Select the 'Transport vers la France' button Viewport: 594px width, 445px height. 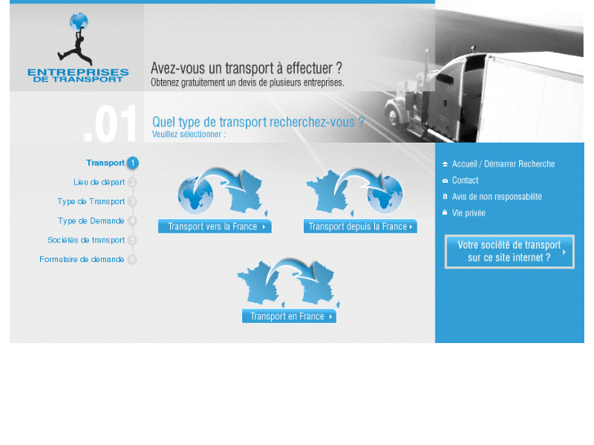(x=215, y=227)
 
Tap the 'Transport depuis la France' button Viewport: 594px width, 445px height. (x=360, y=227)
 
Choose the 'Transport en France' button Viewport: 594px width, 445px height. (x=288, y=317)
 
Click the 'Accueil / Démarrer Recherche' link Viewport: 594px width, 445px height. (x=502, y=164)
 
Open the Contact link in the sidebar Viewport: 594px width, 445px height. (x=465, y=180)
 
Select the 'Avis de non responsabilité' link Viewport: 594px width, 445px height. (x=496, y=197)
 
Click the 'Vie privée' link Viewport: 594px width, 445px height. (x=468, y=213)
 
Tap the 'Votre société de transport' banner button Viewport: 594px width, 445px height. (x=509, y=251)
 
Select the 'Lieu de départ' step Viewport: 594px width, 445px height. (x=99, y=182)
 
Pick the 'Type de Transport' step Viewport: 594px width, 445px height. (x=91, y=202)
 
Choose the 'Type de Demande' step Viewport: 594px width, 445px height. (x=91, y=220)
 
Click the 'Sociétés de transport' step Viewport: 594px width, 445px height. (x=86, y=240)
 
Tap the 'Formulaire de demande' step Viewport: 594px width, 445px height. (x=82, y=260)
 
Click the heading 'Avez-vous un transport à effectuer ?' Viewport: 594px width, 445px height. (x=246, y=69)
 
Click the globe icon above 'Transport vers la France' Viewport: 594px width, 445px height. (x=195, y=195)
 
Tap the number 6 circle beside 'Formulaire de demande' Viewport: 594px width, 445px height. (x=132, y=260)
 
